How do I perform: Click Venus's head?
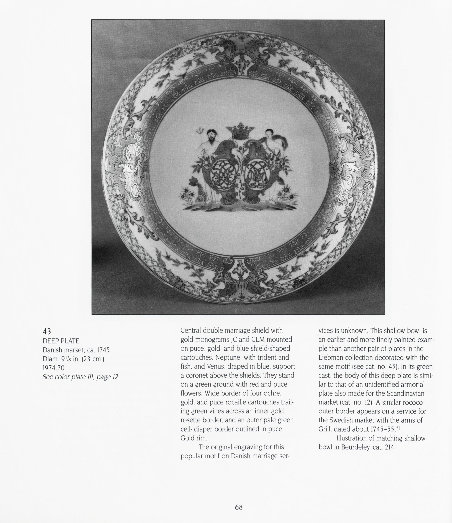pyautogui.click(x=269, y=133)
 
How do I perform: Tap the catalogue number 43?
pyautogui.click(x=47, y=331)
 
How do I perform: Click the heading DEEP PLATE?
pyautogui.click(x=61, y=341)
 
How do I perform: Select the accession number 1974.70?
pyautogui.click(x=53, y=368)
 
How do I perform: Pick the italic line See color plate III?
pyautogui.click(x=80, y=377)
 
